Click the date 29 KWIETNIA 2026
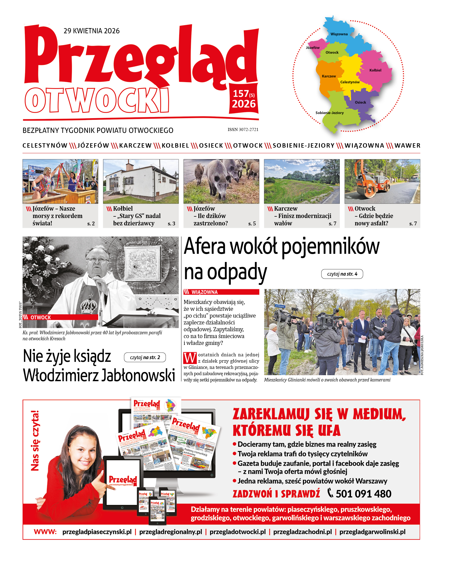click(x=92, y=31)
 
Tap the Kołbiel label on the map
click(x=375, y=70)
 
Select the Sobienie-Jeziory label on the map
click(x=329, y=113)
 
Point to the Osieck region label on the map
click(x=360, y=102)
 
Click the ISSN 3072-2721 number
click(x=243, y=130)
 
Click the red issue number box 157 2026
click(x=243, y=99)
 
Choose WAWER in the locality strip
click(x=407, y=145)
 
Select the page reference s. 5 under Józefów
click(x=252, y=224)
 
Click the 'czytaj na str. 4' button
click(x=342, y=274)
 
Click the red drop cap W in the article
click(x=190, y=358)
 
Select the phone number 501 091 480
click(x=363, y=494)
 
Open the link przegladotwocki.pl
click(x=237, y=532)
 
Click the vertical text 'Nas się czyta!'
click(x=35, y=440)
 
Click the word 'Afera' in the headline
click(x=205, y=246)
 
